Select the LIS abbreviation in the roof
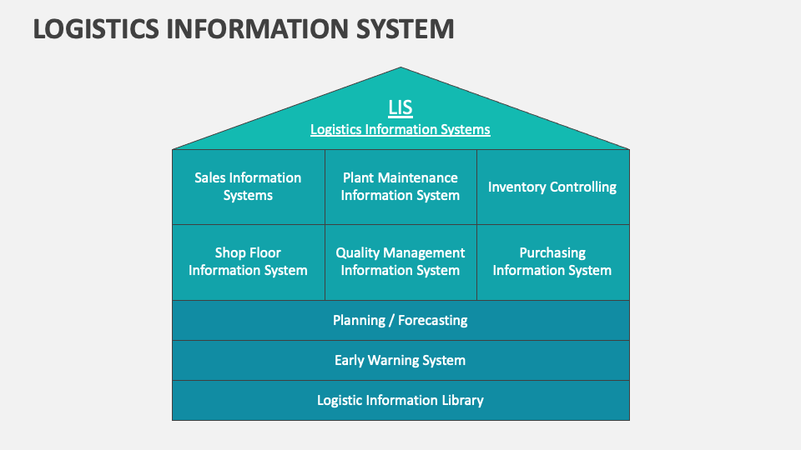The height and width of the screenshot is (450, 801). coord(400,107)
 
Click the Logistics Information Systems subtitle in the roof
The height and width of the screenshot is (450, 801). coord(400,129)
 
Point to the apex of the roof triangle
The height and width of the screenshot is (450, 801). coord(400,69)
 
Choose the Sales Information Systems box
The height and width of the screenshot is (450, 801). coord(248,187)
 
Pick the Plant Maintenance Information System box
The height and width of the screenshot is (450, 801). coord(400,187)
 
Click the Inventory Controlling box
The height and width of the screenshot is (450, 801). coord(552,187)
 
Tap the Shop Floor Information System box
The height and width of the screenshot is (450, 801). coord(248,262)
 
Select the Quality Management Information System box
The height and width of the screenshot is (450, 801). coord(400,262)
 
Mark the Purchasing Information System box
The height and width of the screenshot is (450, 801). coord(552,262)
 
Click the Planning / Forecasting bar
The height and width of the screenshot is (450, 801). coord(400,320)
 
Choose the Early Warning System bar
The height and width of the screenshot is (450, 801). coord(400,360)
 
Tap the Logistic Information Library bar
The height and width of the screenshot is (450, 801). coord(400,400)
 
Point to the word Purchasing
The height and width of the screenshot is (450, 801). coord(552,252)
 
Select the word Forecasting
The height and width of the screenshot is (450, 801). coord(432,320)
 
